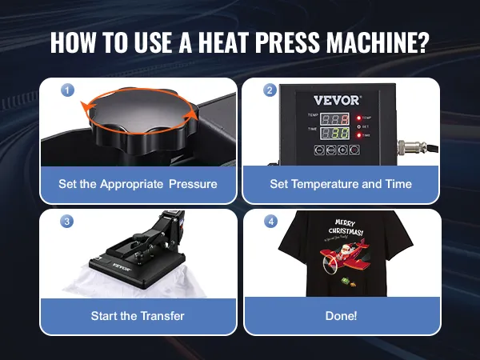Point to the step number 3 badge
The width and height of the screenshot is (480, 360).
(x=67, y=221)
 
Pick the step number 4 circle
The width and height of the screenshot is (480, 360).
(x=270, y=221)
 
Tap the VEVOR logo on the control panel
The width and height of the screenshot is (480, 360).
(x=336, y=102)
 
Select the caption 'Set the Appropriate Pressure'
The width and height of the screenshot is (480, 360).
(x=138, y=184)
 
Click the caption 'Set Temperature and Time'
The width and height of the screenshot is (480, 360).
(x=341, y=184)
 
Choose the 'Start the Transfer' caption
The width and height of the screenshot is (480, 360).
(x=138, y=315)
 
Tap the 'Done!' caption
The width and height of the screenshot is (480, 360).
(x=341, y=315)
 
